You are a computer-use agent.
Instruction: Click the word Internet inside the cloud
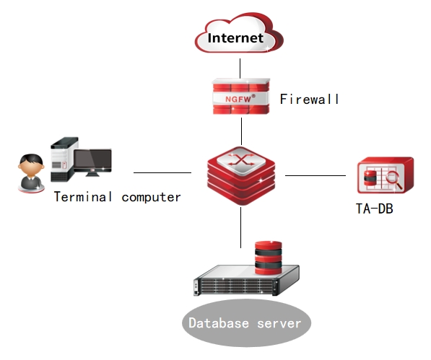235,38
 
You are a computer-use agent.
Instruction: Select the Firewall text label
309,99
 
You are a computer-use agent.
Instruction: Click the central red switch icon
241,176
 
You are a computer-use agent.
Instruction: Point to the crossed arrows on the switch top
241,159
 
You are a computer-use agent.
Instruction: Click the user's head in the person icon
31,165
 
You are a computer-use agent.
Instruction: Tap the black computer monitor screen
93,160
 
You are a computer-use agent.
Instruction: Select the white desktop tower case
64,159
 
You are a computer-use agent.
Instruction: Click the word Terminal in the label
83,197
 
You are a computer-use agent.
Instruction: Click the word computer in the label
151,197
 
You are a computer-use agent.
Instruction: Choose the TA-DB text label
375,208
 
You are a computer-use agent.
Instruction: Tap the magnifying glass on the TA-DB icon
394,179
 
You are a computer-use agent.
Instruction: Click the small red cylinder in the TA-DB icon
370,178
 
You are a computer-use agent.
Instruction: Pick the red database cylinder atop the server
269,258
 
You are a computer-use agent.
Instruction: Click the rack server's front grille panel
237,286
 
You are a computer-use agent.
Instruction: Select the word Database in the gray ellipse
219,323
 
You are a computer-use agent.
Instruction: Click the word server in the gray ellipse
279,324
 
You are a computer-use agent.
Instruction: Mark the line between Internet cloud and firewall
240,69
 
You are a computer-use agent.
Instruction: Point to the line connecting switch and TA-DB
315,175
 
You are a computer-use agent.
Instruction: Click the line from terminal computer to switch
162,172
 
